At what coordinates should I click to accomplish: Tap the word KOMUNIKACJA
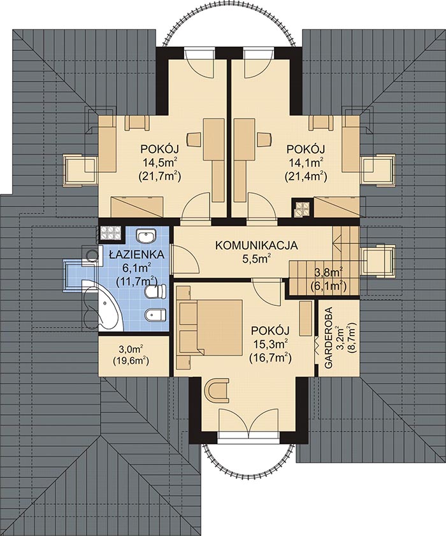coord(256,245)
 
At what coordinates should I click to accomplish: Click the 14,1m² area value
coord(305,163)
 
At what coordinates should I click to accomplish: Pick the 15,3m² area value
coord(270,344)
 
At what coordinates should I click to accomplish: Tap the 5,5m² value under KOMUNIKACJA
coord(256,259)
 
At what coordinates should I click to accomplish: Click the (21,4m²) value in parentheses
coord(305,177)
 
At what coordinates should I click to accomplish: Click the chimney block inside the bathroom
coord(110,234)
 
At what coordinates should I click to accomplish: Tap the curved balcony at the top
coord(229,29)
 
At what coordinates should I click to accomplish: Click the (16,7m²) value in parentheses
coord(270,358)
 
